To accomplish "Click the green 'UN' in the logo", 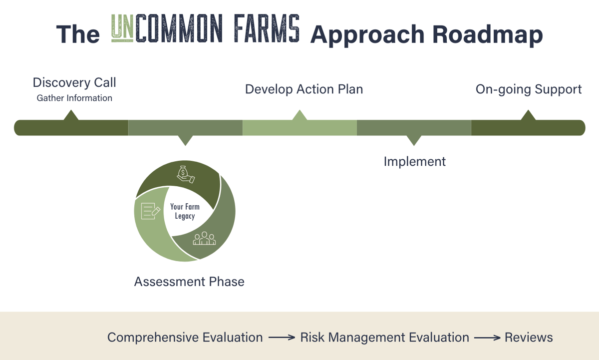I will [x=121, y=28].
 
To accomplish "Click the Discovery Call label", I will [x=74, y=82].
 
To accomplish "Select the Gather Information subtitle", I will [x=74, y=98].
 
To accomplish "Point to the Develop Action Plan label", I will [x=303, y=89].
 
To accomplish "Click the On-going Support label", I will [x=528, y=89].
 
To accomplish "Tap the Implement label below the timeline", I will [x=414, y=162].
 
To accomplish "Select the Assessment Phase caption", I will [x=189, y=282].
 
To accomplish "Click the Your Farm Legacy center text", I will [x=185, y=211].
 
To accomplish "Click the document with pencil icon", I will [x=150, y=211].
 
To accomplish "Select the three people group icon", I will [x=205, y=238].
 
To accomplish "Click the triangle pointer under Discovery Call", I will [x=71, y=115].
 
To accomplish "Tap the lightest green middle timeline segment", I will [x=299, y=128].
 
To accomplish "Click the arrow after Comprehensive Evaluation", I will [x=282, y=338].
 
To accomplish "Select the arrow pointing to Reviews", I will [x=487, y=338].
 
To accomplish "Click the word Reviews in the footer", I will [x=529, y=338].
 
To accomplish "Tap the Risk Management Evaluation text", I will [x=384, y=338].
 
